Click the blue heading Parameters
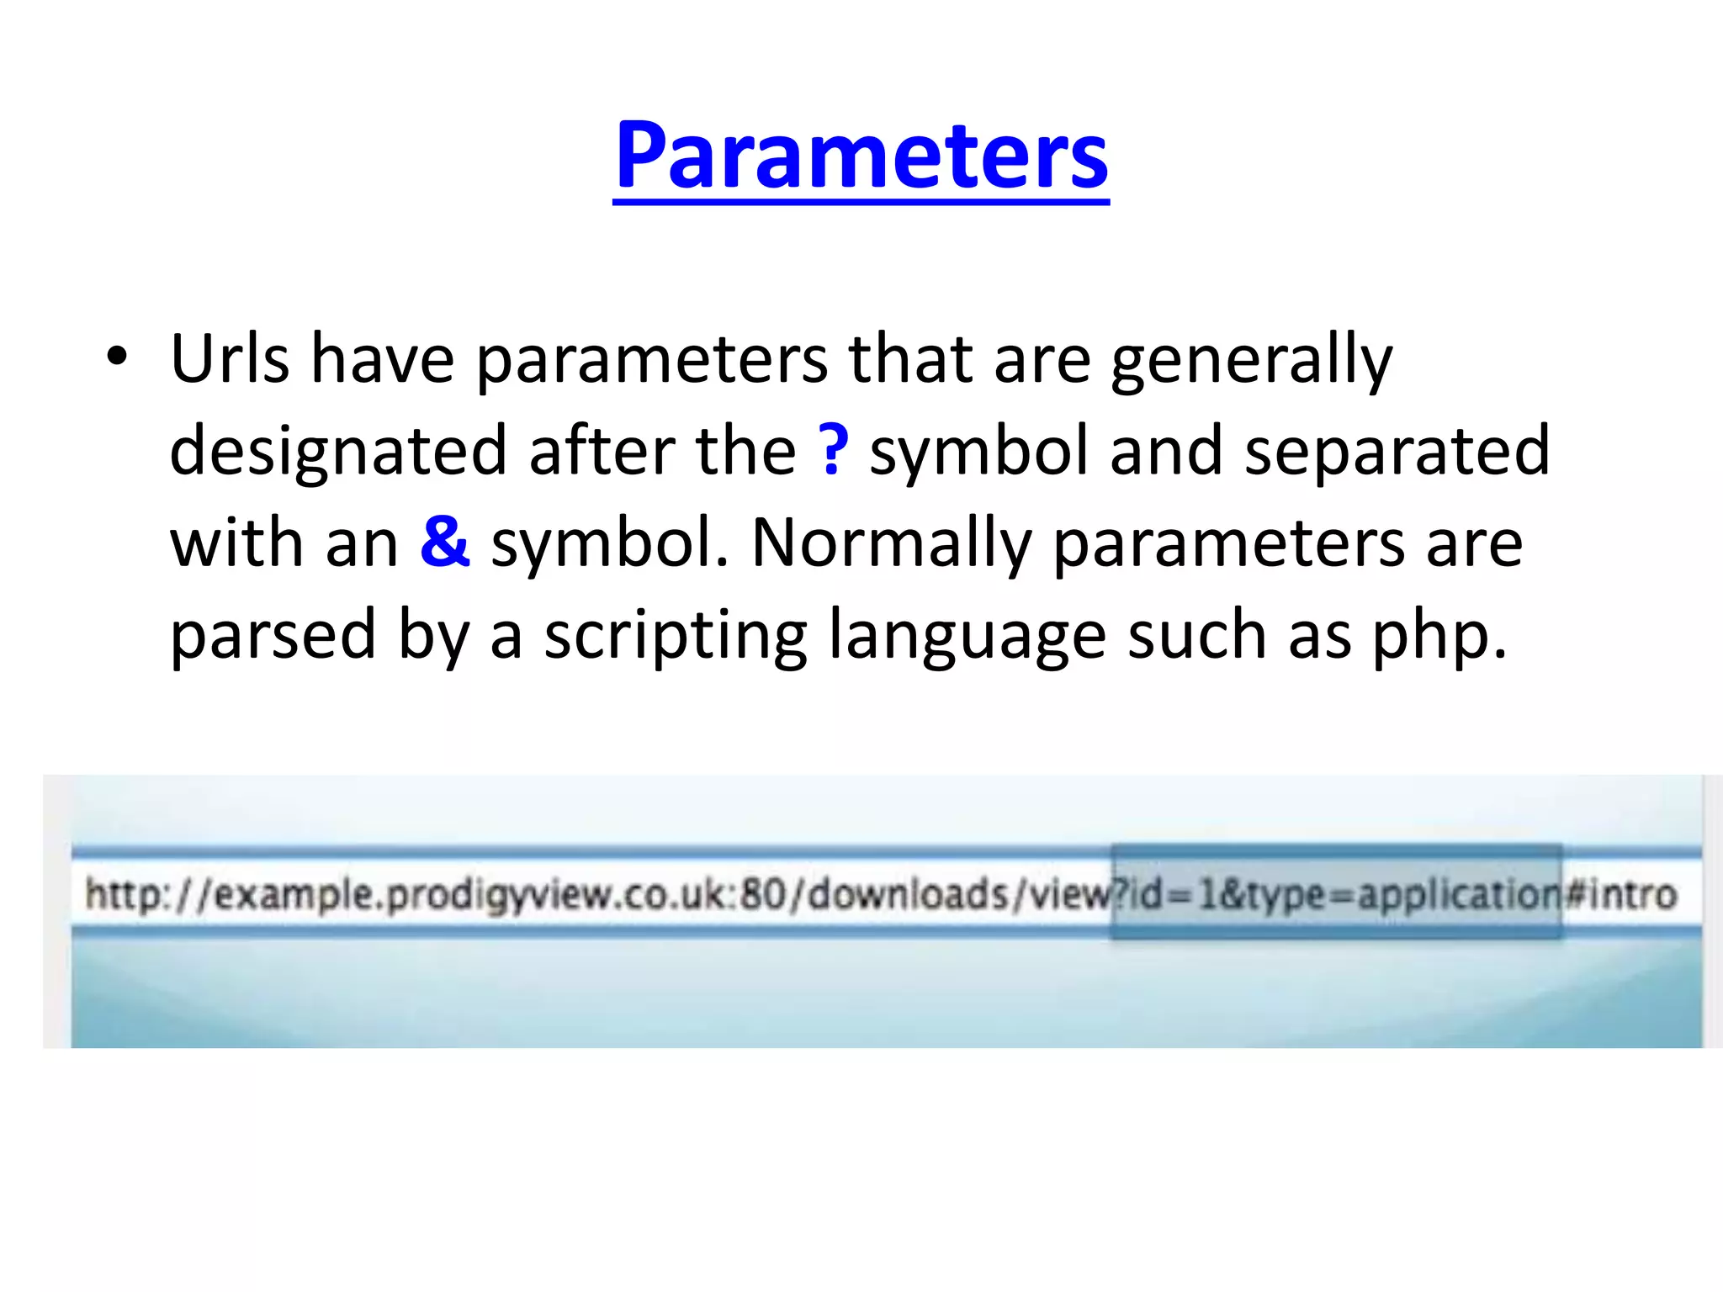point(861,156)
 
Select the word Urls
point(229,359)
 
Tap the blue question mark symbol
point(833,450)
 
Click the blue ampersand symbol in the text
point(444,542)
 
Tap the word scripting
point(676,636)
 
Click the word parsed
point(273,636)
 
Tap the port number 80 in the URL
point(762,893)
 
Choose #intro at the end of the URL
point(1620,893)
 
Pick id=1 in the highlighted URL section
point(1171,894)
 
